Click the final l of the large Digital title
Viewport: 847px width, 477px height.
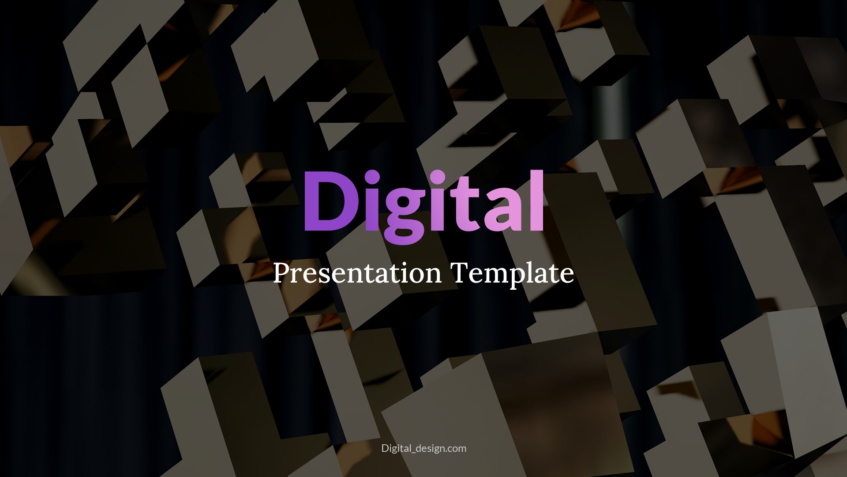(x=537, y=201)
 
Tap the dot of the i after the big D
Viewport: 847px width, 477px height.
(x=373, y=179)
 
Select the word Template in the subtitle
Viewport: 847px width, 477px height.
(x=513, y=273)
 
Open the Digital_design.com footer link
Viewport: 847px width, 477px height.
(x=423, y=448)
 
